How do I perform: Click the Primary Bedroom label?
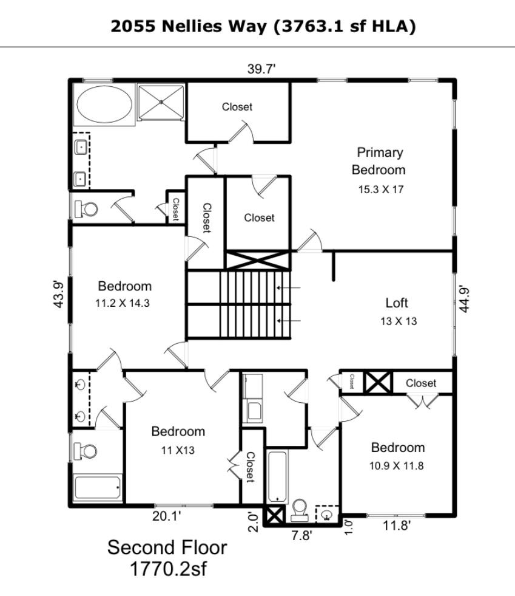tap(379, 161)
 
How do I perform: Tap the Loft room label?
tap(397, 303)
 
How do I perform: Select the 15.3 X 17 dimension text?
tap(380, 190)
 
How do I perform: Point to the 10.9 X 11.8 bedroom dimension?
tap(398, 467)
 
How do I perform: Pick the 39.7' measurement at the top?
tap(261, 69)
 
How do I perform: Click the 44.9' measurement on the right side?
tap(465, 299)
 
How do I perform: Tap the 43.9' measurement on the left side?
tap(58, 294)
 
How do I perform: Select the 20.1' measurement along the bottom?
tap(166, 517)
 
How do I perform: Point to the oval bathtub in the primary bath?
tap(103, 104)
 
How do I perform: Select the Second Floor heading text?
tap(167, 547)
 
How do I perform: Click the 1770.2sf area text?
tap(167, 570)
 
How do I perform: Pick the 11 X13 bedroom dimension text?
tap(178, 450)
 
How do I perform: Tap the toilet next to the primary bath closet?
tap(86, 210)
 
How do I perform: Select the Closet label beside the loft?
tap(420, 383)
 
